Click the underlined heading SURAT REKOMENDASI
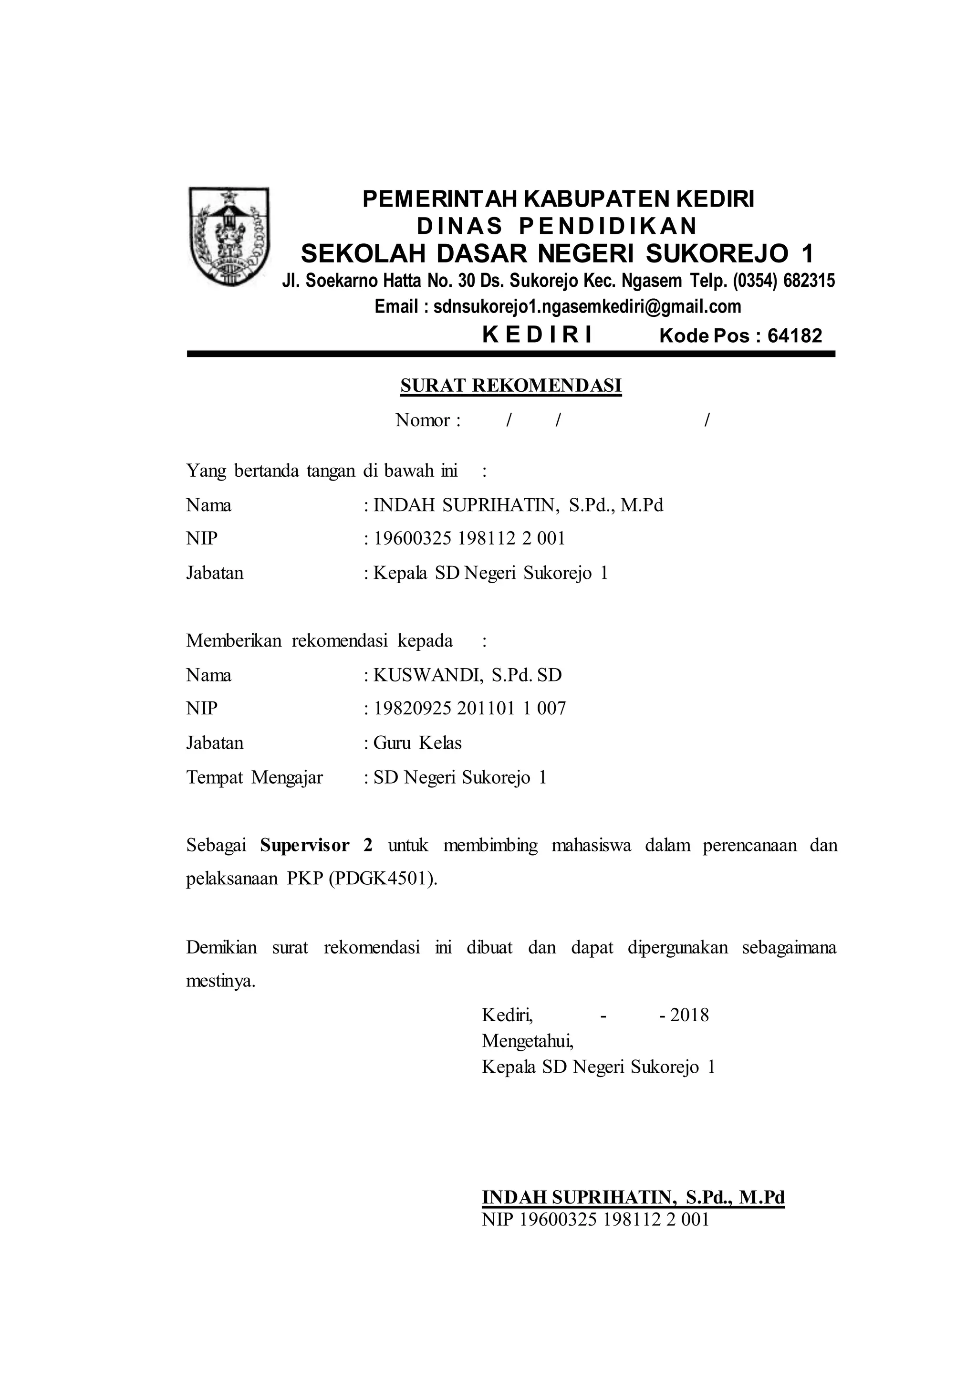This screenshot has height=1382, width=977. pos(511,386)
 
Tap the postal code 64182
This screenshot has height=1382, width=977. pos(795,336)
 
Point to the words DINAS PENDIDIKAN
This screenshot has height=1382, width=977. pos(557,226)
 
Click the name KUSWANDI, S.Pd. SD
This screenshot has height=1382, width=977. pos(468,675)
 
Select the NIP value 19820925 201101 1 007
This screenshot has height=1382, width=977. pos(470,709)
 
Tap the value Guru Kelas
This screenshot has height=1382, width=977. pos(417,743)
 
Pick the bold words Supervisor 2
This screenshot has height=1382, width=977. pos(316,846)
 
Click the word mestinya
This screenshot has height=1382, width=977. pos(220,981)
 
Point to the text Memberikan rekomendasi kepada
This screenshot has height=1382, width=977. pos(320,640)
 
